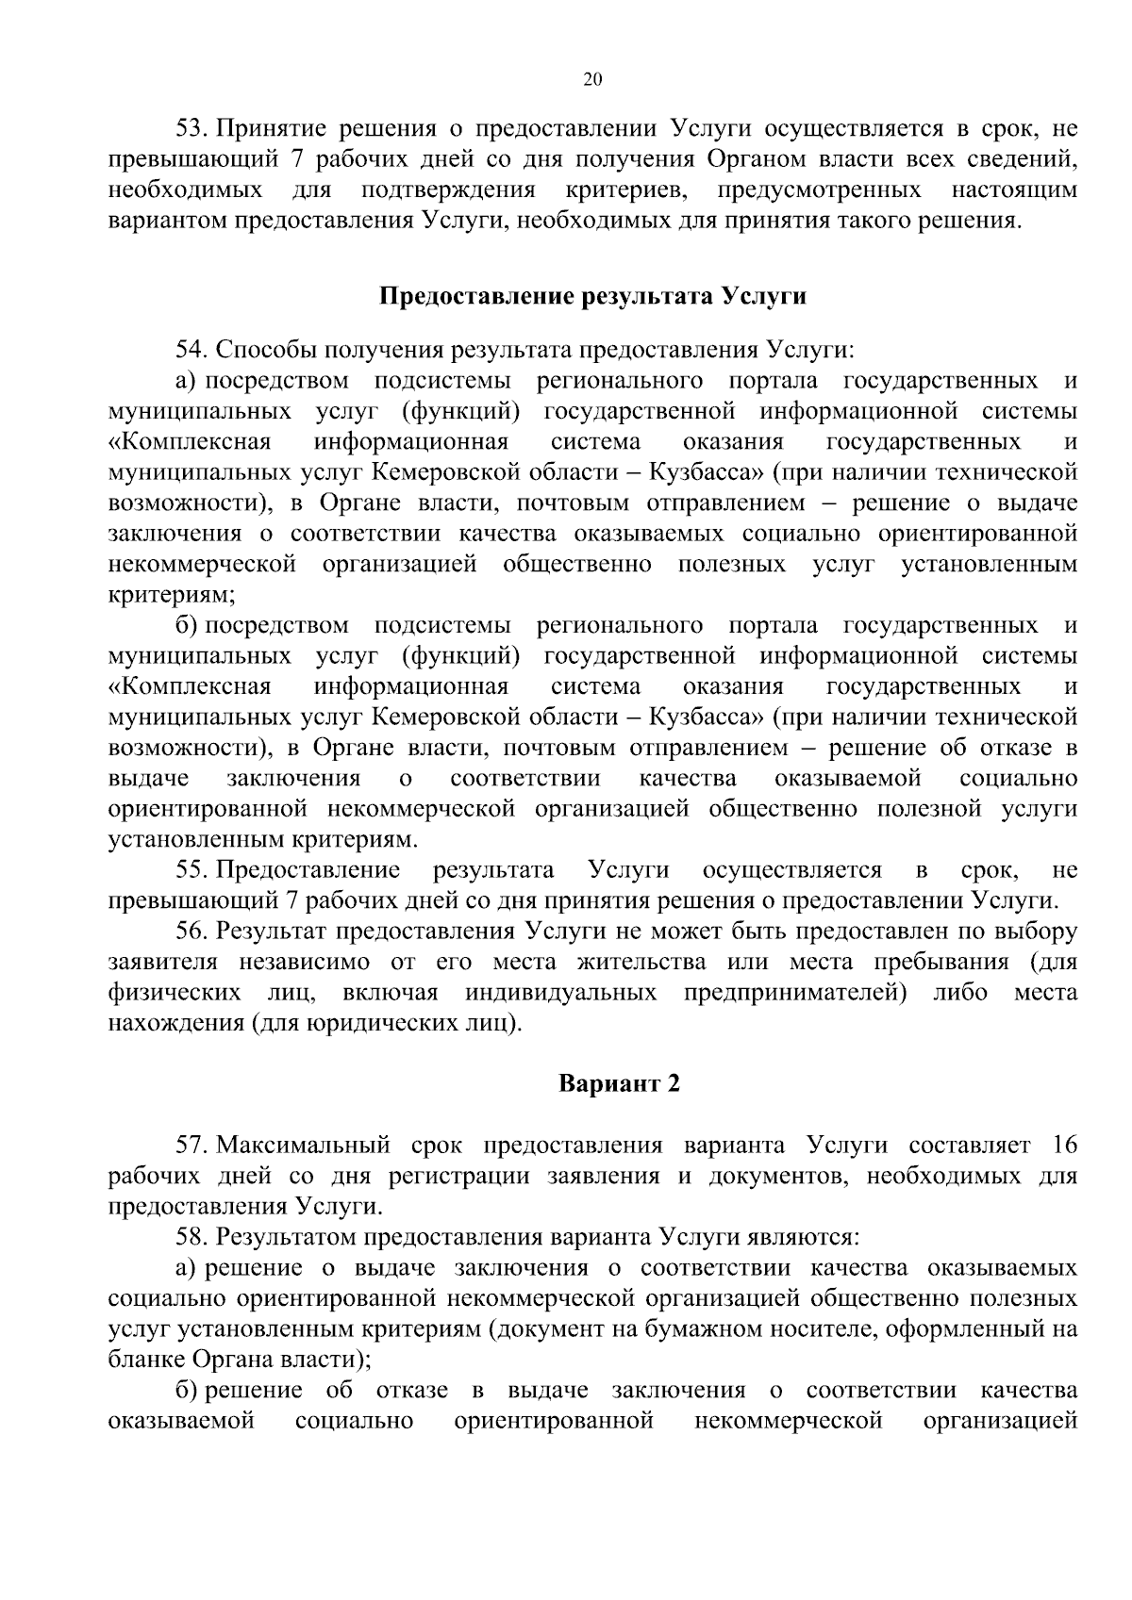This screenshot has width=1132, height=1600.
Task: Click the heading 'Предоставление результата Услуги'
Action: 592,296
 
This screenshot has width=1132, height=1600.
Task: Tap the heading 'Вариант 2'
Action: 619,1083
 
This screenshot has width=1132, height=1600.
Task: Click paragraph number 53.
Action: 192,129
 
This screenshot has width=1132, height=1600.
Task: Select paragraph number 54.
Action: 192,351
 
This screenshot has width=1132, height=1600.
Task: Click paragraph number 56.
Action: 192,932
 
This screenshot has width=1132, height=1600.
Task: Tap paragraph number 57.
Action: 192,1146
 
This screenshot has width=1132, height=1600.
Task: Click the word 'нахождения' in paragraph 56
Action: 176,1024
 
